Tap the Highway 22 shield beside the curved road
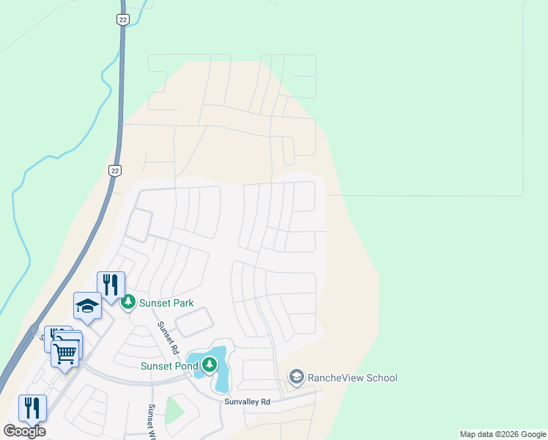[x=114, y=170]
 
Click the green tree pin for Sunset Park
[x=128, y=302]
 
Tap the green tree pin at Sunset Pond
[x=210, y=364]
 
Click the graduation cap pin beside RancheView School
[x=296, y=378]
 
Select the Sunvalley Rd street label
[x=248, y=402]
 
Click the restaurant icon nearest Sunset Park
[x=111, y=285]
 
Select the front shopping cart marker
[x=65, y=353]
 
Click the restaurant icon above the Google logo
[x=32, y=408]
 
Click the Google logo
[x=24, y=431]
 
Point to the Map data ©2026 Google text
[x=503, y=434]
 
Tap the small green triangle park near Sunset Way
[x=174, y=411]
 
